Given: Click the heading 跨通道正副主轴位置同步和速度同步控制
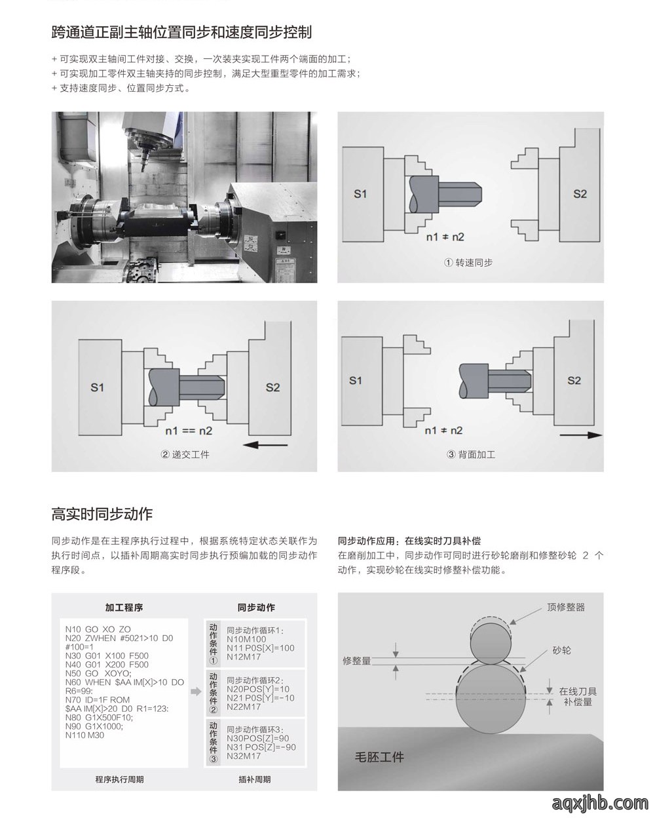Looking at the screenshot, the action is [181, 32].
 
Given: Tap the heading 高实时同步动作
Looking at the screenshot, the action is [102, 514].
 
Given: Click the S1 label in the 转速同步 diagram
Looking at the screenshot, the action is [360, 194].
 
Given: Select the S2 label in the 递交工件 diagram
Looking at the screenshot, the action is [272, 387].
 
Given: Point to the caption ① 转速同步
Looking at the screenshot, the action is [468, 263].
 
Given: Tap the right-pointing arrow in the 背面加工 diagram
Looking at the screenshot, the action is [581, 435].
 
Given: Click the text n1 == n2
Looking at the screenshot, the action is [189, 431].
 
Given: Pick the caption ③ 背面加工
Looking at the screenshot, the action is [471, 455].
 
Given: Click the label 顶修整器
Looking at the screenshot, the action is [566, 607].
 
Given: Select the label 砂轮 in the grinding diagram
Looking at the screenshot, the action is [561, 650].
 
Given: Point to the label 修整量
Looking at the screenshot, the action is [357, 661].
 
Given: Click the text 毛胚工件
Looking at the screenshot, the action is [379, 757].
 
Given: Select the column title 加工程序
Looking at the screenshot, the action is [124, 608].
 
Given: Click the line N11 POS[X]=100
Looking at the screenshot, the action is [260, 648].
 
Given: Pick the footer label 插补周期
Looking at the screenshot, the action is [255, 779].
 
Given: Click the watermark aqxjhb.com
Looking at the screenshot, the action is [600, 802].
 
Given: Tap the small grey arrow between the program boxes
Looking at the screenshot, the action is [196, 691].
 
